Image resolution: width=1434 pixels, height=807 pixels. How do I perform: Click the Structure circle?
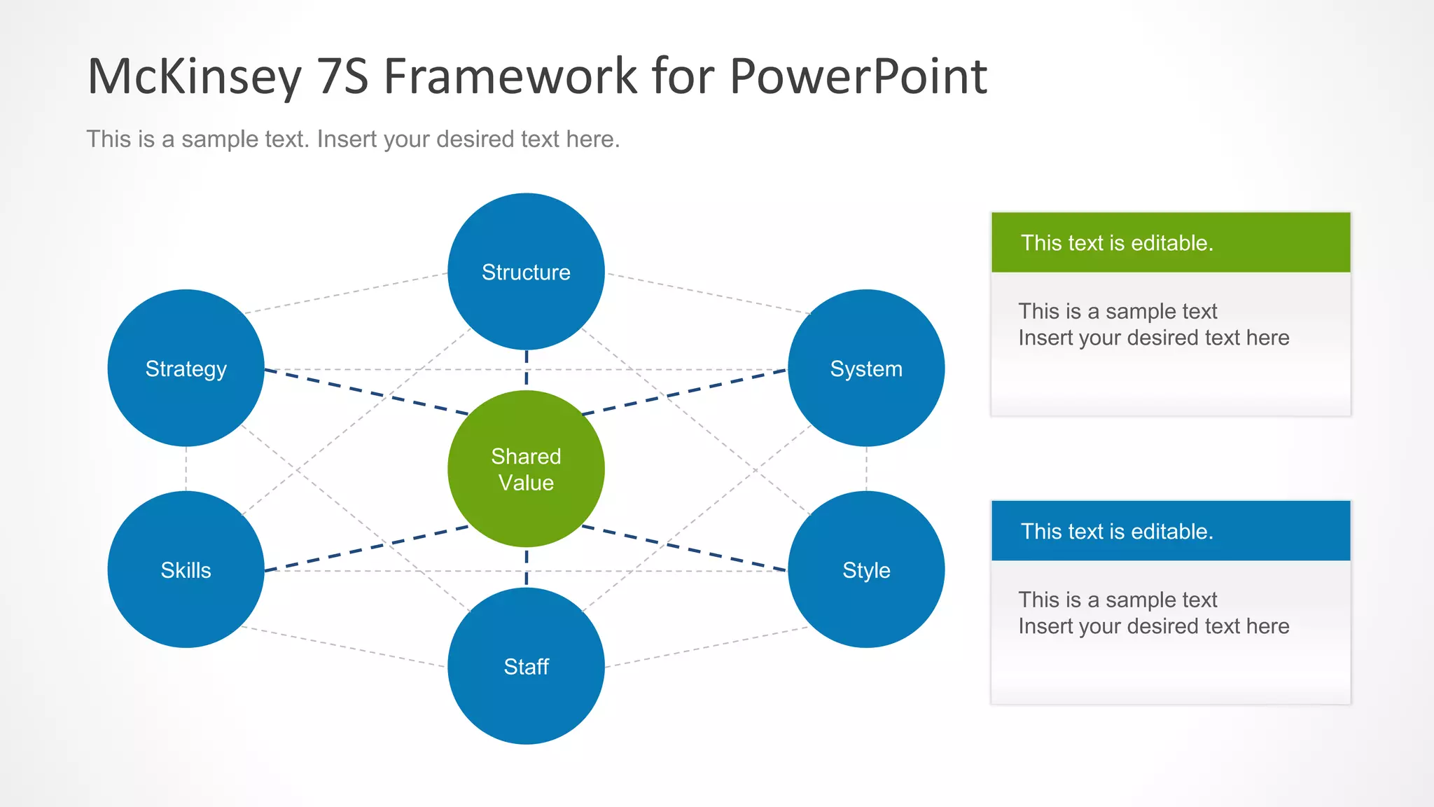[x=526, y=272]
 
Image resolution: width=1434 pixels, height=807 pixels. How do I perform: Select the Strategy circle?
[x=186, y=368]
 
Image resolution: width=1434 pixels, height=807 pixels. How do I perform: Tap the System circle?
[x=866, y=368]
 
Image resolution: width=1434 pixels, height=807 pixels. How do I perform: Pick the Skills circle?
[x=186, y=570]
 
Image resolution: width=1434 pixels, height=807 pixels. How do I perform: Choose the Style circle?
[x=866, y=570]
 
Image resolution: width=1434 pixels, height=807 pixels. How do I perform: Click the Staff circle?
[x=526, y=666]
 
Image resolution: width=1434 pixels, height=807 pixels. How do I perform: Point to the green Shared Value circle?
[x=526, y=469]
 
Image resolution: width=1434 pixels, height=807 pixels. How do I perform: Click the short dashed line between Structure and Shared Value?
[x=527, y=369]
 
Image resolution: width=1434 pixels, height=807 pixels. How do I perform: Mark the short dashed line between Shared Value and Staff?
[x=527, y=567]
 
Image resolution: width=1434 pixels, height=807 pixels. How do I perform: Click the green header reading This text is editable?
[x=1171, y=242]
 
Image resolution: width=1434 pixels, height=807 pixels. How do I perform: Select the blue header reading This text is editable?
[x=1171, y=531]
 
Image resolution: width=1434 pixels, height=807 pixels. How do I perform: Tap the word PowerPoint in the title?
[x=858, y=76]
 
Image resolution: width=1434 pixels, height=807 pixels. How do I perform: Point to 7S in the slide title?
[x=342, y=76]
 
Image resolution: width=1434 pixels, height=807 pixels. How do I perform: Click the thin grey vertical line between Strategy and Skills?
[x=186, y=469]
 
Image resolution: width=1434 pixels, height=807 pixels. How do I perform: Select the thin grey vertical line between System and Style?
[x=866, y=469]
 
